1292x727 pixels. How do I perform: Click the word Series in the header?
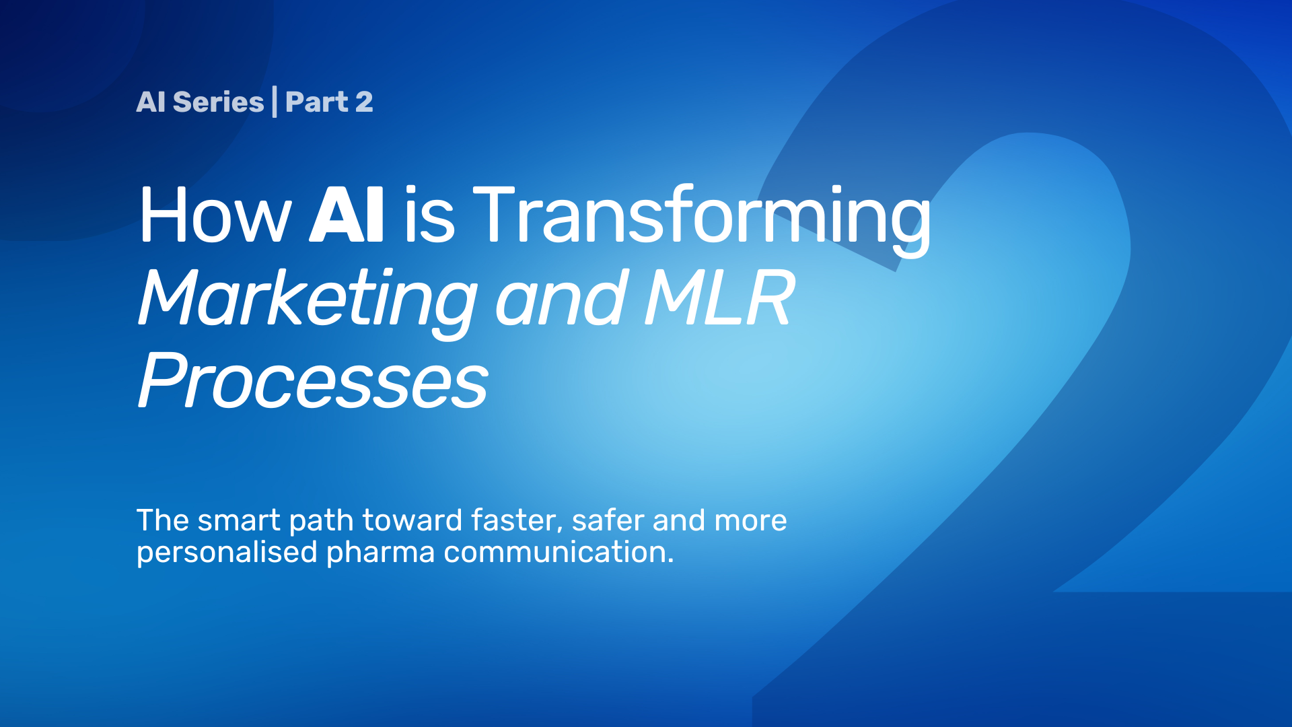pyautogui.click(x=218, y=102)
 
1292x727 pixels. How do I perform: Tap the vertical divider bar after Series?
pyautogui.click(x=275, y=102)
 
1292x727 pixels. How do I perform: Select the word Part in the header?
pyautogui.click(x=317, y=102)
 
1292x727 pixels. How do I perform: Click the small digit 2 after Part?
pyautogui.click(x=364, y=102)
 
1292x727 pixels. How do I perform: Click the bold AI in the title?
pyautogui.click(x=347, y=215)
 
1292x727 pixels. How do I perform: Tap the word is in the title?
pyautogui.click(x=429, y=215)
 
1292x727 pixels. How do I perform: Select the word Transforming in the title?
pyautogui.click(x=703, y=219)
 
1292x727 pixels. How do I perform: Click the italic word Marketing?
pyautogui.click(x=308, y=300)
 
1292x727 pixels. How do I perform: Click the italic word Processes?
pyautogui.click(x=313, y=380)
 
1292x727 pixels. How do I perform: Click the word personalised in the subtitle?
pyautogui.click(x=227, y=553)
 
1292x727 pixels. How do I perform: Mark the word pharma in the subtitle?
pyautogui.click(x=381, y=553)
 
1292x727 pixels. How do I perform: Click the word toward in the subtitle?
pyautogui.click(x=412, y=520)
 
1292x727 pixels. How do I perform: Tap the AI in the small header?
pyautogui.click(x=151, y=102)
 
